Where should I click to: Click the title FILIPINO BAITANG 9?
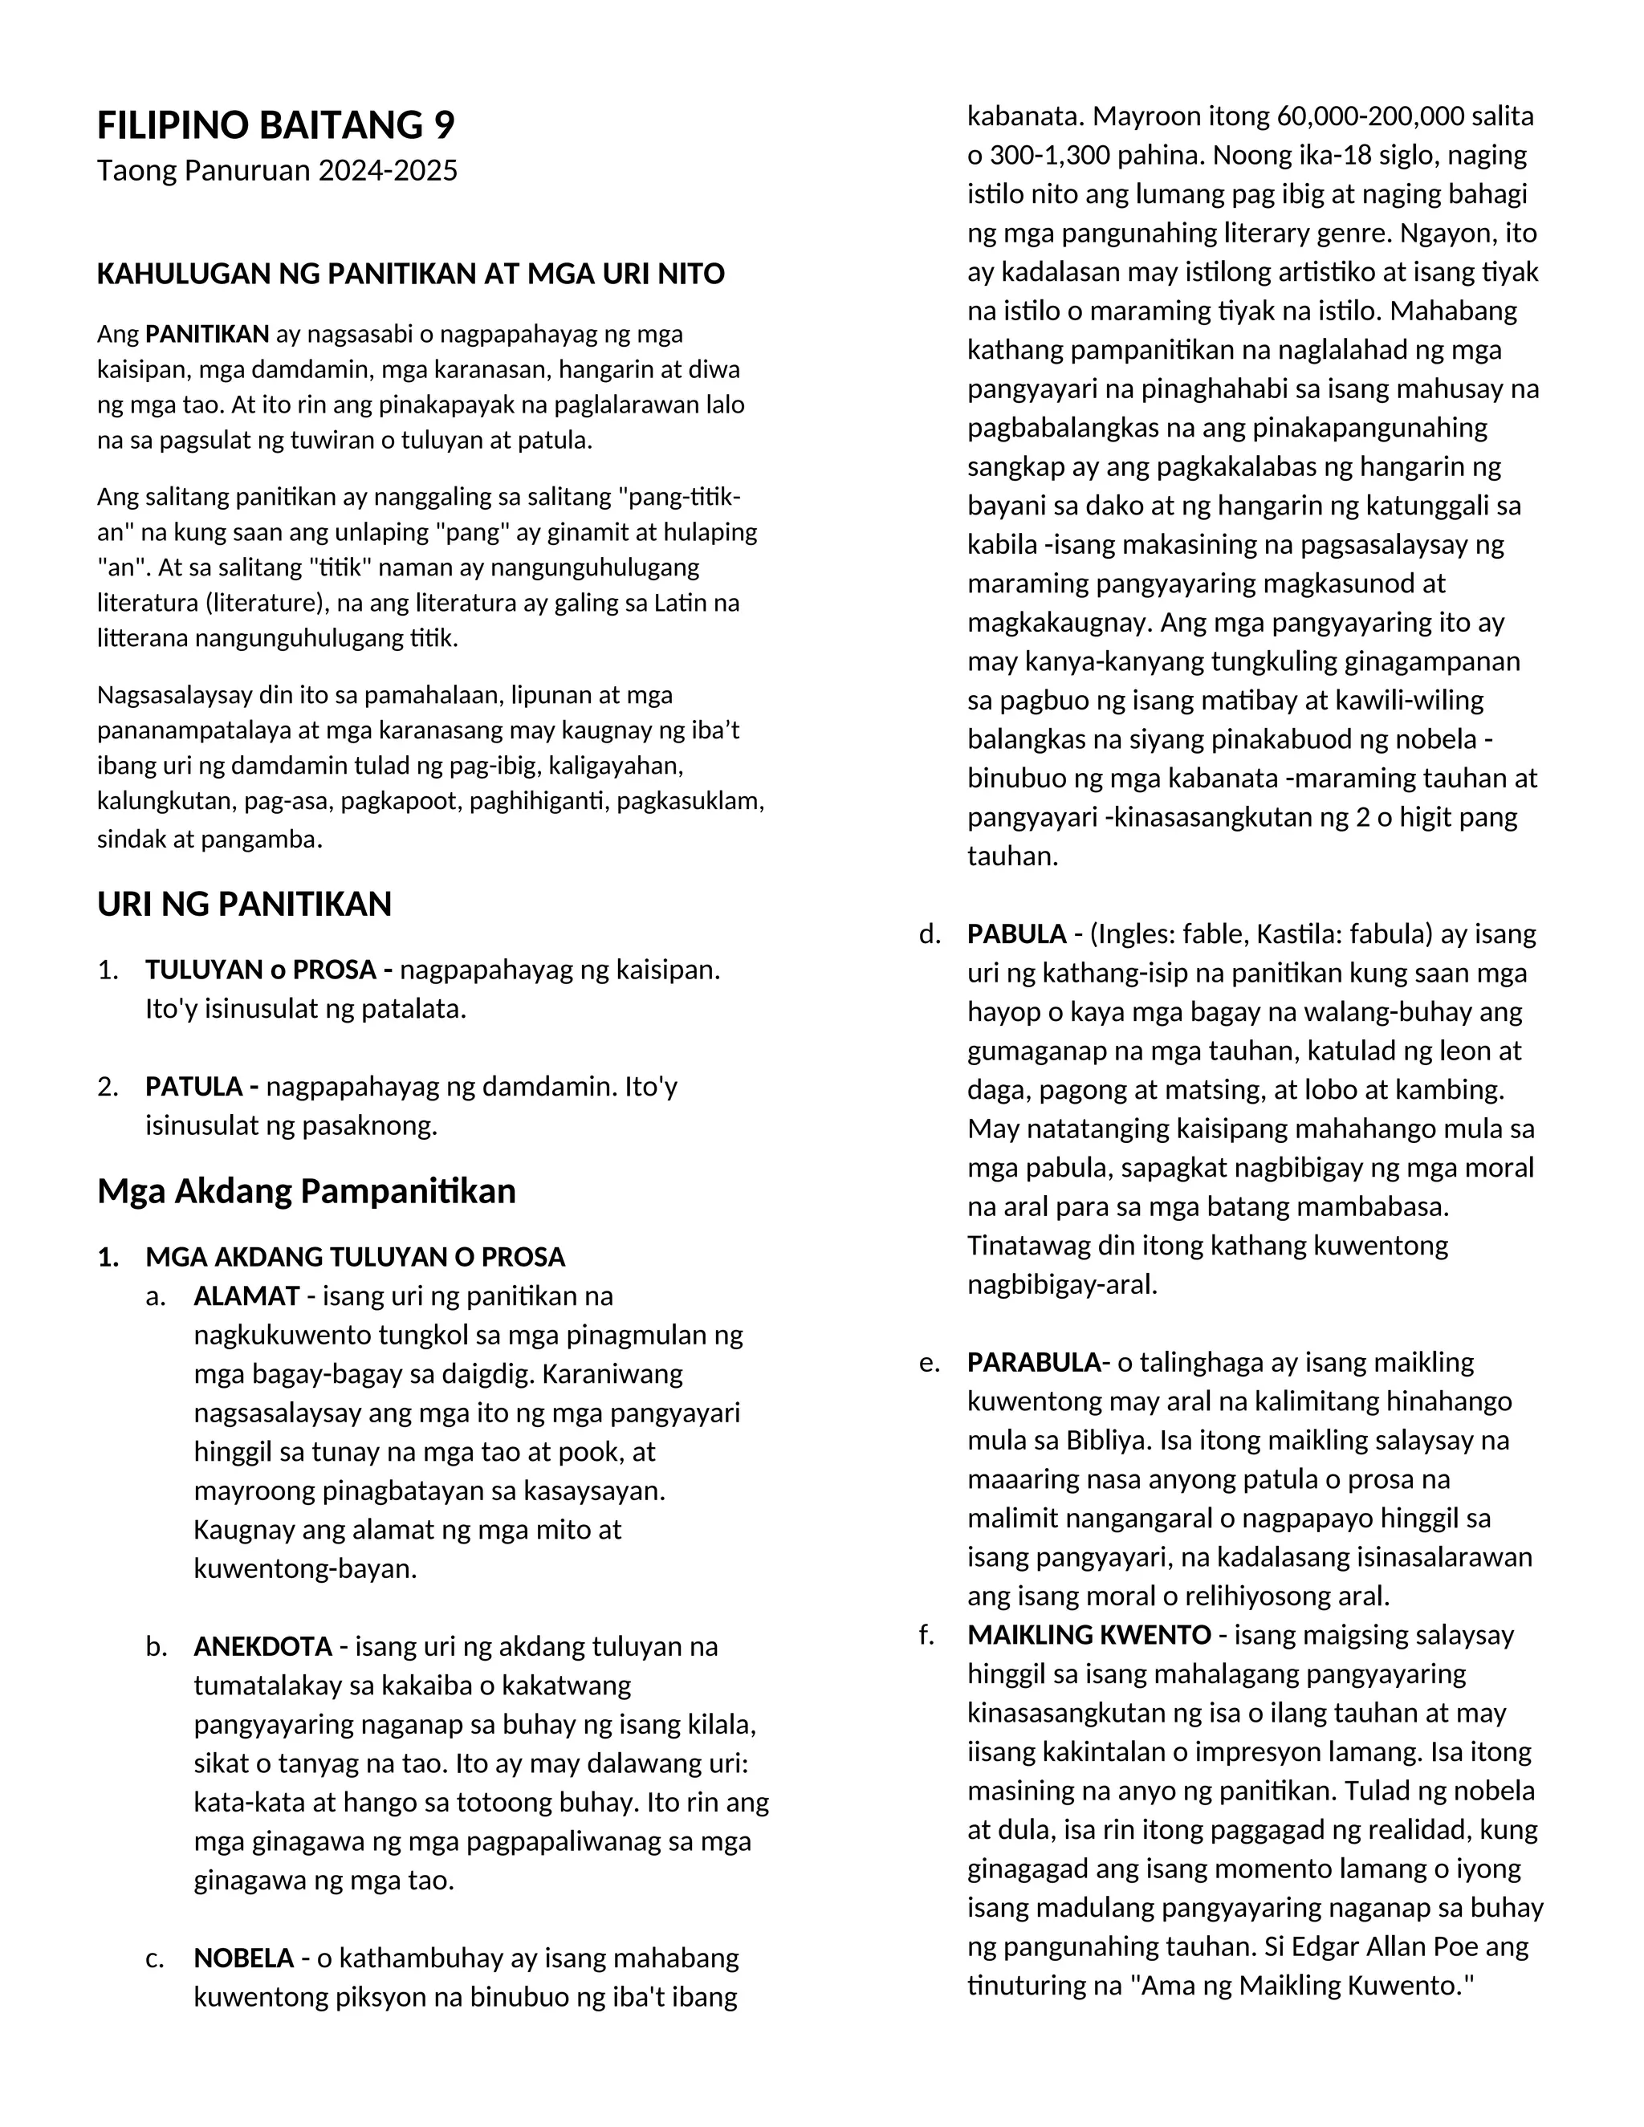pyautogui.click(x=275, y=126)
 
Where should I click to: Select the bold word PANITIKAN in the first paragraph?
pyautogui.click(x=206, y=335)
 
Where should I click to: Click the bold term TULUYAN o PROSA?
pyautogui.click(x=269, y=970)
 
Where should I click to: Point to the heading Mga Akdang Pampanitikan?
pyautogui.click(x=306, y=1191)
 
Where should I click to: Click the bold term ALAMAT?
pyautogui.click(x=246, y=1296)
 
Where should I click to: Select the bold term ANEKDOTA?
pyautogui.click(x=263, y=1647)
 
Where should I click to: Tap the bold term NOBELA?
pyautogui.click(x=243, y=1958)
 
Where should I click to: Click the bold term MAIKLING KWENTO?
pyautogui.click(x=1089, y=1635)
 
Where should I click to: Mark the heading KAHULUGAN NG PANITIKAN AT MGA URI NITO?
pyautogui.click(x=410, y=275)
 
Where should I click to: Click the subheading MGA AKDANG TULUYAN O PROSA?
pyautogui.click(x=355, y=1257)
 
